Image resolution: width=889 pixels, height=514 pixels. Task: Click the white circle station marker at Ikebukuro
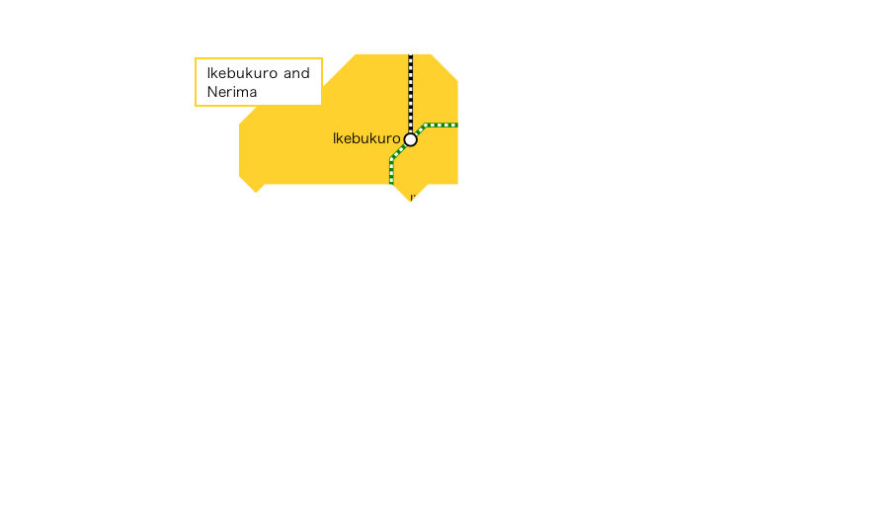(x=411, y=139)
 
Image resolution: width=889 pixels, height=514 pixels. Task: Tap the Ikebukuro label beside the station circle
(x=366, y=139)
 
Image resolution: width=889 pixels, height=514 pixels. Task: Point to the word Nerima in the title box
(x=232, y=92)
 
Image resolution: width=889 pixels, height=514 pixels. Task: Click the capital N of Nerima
(x=212, y=92)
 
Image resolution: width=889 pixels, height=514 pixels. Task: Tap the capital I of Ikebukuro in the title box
(x=208, y=73)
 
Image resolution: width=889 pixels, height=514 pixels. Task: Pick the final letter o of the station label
(x=396, y=139)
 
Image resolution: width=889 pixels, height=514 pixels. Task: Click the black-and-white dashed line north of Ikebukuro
(x=411, y=94)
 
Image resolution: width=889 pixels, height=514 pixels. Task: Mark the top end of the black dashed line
(x=411, y=55)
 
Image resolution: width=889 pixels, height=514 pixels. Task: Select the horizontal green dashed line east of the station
(x=442, y=126)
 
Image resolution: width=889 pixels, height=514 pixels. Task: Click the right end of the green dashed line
(x=456, y=126)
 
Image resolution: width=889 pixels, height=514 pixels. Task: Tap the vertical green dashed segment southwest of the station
(x=392, y=171)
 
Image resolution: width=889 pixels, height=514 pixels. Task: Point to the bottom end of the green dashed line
(x=392, y=183)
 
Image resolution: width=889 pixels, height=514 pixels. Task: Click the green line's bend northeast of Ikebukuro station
(x=425, y=126)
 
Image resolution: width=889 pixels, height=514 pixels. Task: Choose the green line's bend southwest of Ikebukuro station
(x=392, y=158)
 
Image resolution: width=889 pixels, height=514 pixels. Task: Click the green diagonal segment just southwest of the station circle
(x=400, y=150)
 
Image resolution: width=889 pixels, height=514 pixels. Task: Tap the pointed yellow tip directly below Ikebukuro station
(x=411, y=202)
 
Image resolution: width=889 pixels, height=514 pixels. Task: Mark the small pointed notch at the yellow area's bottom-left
(x=256, y=192)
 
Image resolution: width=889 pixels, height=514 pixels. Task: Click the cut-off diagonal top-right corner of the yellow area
(x=445, y=67)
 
